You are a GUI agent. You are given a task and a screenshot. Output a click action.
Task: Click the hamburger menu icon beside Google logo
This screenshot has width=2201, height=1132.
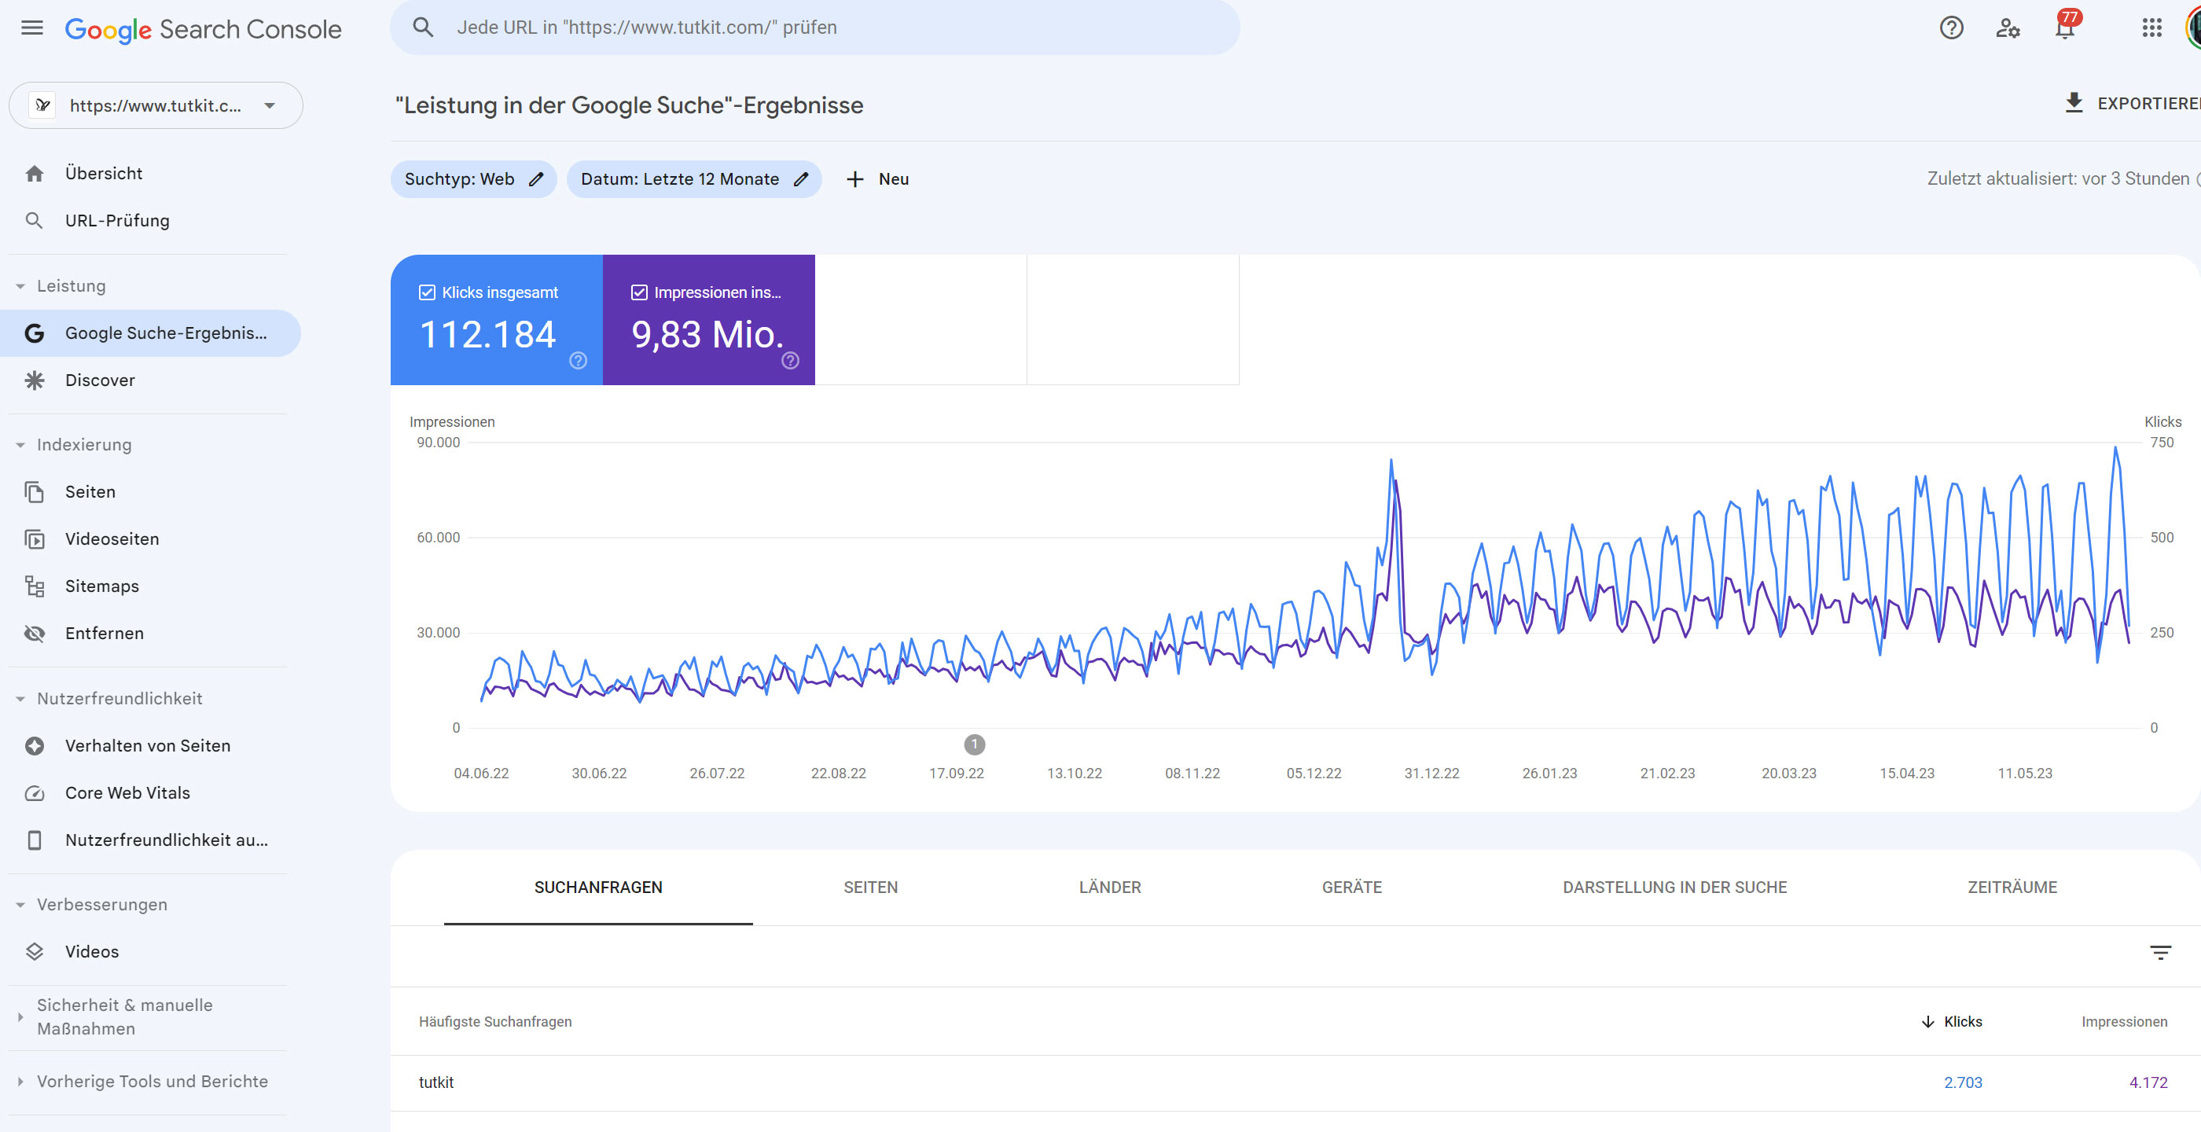[31, 28]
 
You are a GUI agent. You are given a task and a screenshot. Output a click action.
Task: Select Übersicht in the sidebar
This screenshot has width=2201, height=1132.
[104, 174]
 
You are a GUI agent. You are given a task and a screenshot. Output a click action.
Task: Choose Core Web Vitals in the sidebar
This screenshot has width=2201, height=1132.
[127, 793]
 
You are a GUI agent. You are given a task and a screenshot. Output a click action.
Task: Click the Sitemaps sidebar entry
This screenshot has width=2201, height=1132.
[101, 586]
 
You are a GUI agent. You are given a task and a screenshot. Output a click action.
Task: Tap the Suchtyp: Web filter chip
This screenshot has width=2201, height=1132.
[472, 179]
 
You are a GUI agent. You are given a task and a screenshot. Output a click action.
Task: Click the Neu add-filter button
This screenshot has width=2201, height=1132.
[877, 179]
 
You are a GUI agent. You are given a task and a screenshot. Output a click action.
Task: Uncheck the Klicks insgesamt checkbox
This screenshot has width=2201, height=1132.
[427, 293]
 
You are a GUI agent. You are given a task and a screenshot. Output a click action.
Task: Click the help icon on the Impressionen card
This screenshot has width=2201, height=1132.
[790, 361]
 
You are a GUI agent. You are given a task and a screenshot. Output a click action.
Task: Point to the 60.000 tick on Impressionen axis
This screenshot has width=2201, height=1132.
[439, 538]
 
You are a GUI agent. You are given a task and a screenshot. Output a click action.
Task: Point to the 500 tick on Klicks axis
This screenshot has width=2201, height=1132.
[2161, 538]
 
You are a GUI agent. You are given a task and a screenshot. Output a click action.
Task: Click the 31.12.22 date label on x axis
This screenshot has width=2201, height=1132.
[1431, 774]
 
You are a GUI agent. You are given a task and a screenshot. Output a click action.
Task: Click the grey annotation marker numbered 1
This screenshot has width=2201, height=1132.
[974, 744]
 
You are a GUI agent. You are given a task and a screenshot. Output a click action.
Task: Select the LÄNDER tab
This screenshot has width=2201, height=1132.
[1109, 887]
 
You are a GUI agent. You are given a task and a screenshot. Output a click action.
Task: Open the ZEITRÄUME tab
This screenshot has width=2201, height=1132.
[2012, 887]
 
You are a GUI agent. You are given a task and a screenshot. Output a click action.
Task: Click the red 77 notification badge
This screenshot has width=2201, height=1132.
[2069, 18]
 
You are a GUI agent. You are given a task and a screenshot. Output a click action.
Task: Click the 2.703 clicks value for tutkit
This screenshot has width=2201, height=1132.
[1962, 1082]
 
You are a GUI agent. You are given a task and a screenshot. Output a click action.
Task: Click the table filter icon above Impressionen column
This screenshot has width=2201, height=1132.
[2160, 953]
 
